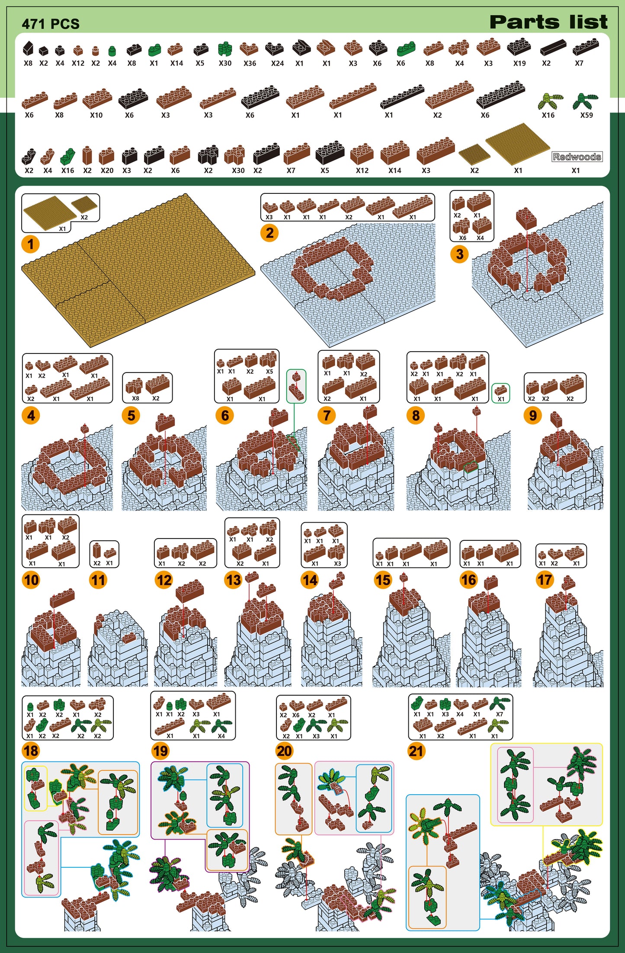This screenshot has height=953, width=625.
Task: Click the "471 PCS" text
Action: point(51,24)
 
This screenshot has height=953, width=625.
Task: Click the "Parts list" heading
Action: point(548,22)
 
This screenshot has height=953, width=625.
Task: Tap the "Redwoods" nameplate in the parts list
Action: point(577,157)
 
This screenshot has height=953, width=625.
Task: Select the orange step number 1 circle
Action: point(30,244)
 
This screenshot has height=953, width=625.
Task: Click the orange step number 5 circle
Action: point(131,416)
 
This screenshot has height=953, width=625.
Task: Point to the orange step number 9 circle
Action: point(533,415)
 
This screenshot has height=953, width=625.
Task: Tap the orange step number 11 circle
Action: point(98,580)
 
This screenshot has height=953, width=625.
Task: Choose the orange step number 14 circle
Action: point(310,580)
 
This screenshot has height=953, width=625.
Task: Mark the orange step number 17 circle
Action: point(545,579)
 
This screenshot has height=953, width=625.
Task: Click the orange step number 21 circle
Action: point(416,751)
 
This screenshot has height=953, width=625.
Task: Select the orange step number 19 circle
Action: point(160,751)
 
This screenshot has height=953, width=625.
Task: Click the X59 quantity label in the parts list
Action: point(587,115)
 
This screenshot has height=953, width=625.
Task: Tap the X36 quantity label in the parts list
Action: point(250,63)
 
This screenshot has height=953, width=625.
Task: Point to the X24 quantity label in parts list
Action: point(277,63)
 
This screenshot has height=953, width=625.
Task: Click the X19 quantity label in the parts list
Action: point(519,63)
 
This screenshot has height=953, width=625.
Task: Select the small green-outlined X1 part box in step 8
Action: point(500,393)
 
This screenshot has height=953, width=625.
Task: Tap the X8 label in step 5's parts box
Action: point(135,398)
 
